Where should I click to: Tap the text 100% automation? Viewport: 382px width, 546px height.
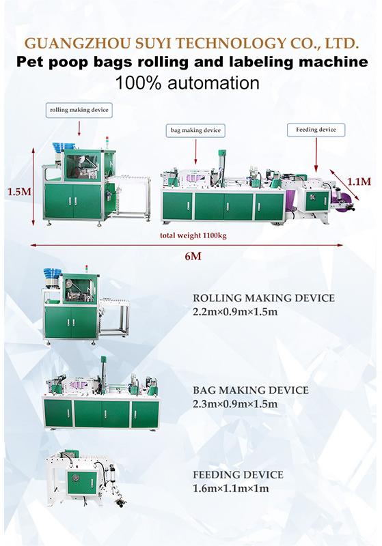(x=187, y=83)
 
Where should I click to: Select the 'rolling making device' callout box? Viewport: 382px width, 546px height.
(x=79, y=110)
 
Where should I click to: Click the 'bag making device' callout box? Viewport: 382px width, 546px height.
(x=195, y=130)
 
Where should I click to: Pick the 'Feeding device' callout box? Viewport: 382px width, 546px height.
(x=316, y=130)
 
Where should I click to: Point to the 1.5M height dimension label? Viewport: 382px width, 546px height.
(x=20, y=192)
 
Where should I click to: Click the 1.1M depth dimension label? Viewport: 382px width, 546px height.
(x=359, y=182)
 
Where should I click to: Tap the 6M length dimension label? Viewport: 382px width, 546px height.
(x=193, y=257)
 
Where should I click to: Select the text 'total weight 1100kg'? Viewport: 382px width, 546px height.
(x=193, y=235)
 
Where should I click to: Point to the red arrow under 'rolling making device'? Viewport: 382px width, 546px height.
(x=79, y=128)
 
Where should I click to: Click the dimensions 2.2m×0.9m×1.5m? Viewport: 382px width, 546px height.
(x=235, y=311)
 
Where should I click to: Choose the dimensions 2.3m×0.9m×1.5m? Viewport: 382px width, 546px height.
(x=235, y=404)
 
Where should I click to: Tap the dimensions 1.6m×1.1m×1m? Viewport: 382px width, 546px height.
(x=231, y=489)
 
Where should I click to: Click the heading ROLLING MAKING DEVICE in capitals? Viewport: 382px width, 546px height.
(x=264, y=298)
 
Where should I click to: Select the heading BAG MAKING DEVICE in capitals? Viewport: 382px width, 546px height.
(x=251, y=390)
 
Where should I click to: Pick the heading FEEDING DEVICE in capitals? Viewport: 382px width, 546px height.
(x=238, y=475)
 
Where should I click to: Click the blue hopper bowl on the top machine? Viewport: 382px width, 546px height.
(x=59, y=147)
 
